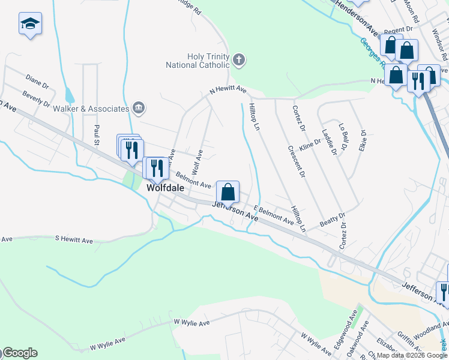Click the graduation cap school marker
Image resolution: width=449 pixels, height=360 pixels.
tap(30, 25)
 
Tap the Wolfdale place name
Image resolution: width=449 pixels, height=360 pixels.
tap(165, 187)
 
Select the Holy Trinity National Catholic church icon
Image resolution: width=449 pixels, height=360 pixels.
tap(239, 60)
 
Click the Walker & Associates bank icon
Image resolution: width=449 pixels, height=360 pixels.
tap(139, 108)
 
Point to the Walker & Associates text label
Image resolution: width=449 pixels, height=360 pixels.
tap(91, 109)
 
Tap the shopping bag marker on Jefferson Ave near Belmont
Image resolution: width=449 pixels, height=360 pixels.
tap(228, 193)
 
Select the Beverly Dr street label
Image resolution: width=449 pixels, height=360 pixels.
tap(36, 99)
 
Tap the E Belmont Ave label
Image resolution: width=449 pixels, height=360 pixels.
tap(273, 216)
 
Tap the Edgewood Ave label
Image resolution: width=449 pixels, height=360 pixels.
tap(343, 338)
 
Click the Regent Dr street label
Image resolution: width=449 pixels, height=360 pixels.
tap(398, 29)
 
